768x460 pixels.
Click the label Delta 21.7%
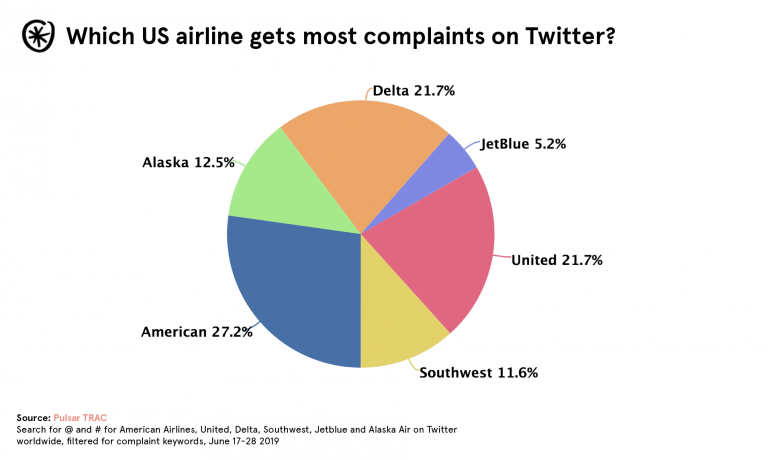click(x=413, y=91)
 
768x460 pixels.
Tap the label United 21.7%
click(x=556, y=260)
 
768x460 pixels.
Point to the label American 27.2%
click(x=196, y=331)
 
